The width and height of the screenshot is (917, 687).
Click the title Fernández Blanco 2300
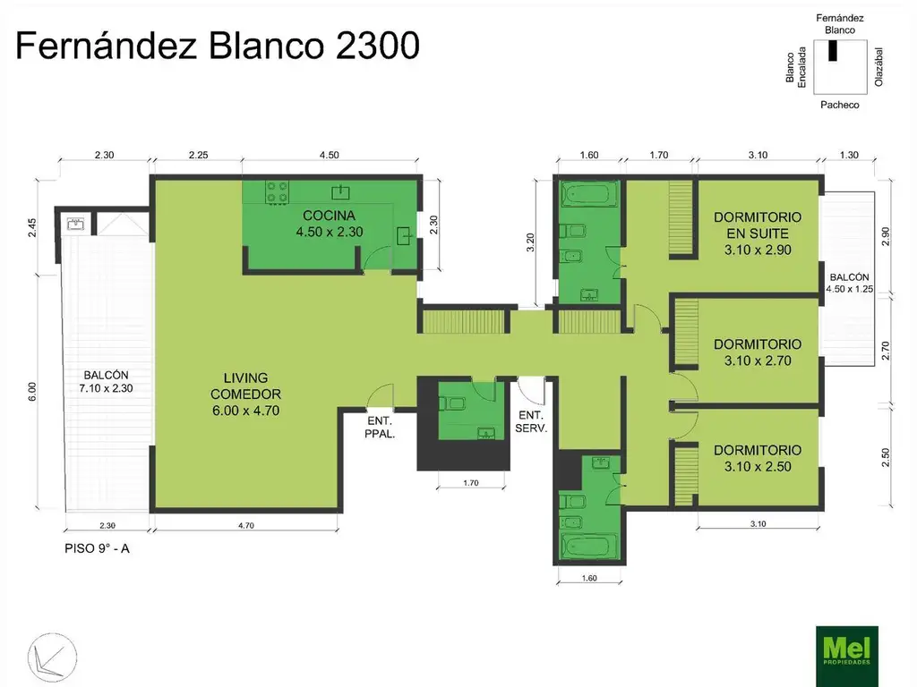pos(218,46)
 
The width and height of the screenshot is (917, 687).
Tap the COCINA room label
pos(329,224)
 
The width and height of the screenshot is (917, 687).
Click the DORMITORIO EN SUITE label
pos(757,233)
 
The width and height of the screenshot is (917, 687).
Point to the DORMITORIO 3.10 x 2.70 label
pos(757,352)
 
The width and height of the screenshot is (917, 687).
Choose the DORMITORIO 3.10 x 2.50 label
pos(757,458)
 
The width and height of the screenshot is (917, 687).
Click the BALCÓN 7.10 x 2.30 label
pos(107,382)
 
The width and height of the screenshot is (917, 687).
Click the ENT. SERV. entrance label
pos(533,421)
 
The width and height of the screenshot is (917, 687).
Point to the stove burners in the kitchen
pos(277,191)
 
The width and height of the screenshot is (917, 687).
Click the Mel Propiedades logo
pos(846,655)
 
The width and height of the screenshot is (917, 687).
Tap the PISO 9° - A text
pos(98,548)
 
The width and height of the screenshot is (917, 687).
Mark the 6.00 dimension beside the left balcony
pos(32,390)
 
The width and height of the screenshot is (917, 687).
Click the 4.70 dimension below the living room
pos(246,526)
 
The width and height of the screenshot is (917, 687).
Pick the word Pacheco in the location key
pos(839,105)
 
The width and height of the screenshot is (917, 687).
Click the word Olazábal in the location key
pos(879,67)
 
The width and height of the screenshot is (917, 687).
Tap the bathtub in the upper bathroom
pos(588,194)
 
